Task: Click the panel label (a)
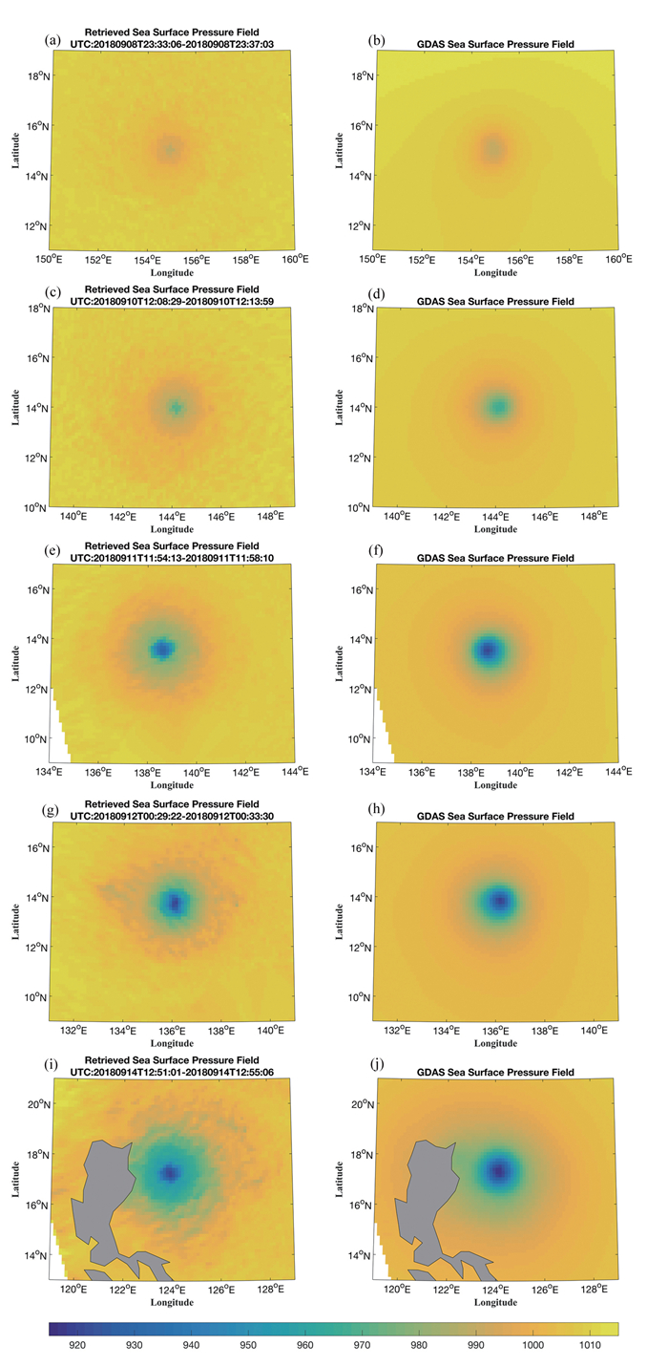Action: click(x=53, y=40)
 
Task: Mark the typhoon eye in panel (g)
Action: click(x=174, y=902)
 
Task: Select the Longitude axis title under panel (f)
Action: click(x=496, y=784)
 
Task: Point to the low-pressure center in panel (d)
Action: click(x=498, y=407)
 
